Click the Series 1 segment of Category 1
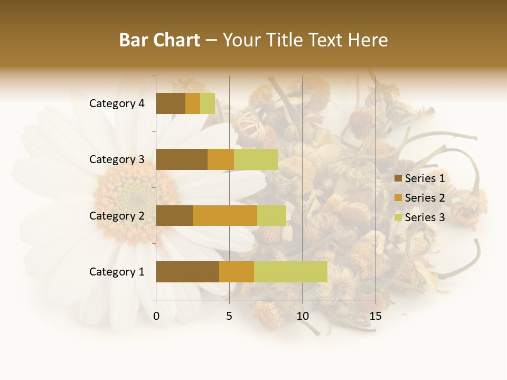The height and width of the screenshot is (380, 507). [187, 272]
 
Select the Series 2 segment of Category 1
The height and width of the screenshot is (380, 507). [237, 272]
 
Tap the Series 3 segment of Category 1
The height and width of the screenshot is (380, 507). [290, 272]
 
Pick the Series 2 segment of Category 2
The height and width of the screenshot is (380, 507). [225, 215]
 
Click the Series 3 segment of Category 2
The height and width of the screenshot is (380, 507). [271, 215]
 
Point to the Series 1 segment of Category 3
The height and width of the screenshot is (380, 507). [182, 159]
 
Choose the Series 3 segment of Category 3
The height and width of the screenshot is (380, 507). [256, 159]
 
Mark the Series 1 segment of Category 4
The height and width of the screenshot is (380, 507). [171, 103]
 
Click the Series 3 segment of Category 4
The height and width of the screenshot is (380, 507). [208, 103]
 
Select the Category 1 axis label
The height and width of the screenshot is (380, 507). [117, 272]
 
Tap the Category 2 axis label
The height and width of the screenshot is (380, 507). [117, 215]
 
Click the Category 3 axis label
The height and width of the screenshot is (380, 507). [117, 159]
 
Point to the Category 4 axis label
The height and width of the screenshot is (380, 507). [117, 103]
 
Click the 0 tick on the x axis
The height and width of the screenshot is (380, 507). [156, 316]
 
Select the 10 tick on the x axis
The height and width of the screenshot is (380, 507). [302, 316]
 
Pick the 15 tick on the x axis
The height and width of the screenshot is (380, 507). [375, 316]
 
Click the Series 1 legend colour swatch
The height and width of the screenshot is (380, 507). [398, 178]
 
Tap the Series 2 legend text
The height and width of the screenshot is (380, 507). [425, 198]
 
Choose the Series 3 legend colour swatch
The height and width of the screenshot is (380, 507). [398, 217]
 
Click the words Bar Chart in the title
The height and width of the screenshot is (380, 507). [159, 40]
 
